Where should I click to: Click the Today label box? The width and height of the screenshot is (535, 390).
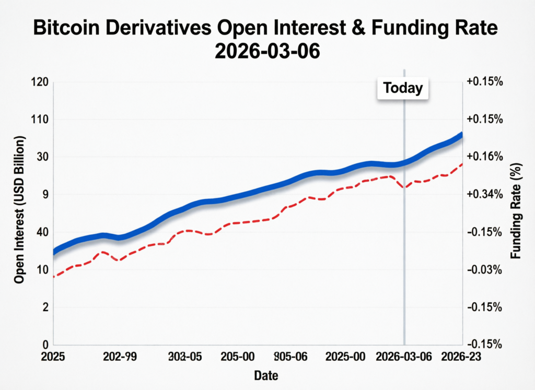coord(403,88)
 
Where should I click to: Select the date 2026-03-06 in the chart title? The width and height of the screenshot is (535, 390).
coord(267,52)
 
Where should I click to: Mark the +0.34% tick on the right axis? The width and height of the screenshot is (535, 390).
coord(484,195)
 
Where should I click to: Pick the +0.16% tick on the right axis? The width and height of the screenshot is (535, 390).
coord(484,157)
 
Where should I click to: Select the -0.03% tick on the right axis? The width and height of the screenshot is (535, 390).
coord(484,270)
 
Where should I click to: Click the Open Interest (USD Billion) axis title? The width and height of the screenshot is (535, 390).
coord(20,210)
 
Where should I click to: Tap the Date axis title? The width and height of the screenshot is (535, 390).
coord(266,375)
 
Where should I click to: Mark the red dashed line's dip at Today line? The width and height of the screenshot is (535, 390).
coord(404,187)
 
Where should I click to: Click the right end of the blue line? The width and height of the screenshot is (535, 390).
coord(460,135)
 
